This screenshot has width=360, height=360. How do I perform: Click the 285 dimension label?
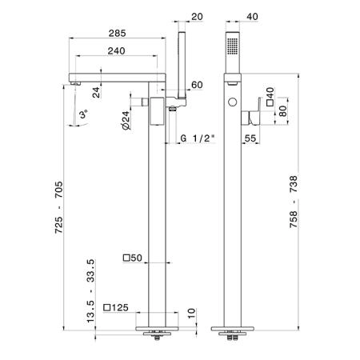tap(117, 34)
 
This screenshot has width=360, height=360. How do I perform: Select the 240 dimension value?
tap(116, 51)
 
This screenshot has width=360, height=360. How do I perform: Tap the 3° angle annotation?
tap(84, 114)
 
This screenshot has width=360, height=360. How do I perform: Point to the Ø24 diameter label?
tap(126, 120)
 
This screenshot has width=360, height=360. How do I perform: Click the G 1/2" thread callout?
tap(198, 138)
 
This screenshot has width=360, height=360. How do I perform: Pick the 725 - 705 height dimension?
tap(59, 207)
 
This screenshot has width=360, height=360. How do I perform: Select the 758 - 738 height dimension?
tap(294, 202)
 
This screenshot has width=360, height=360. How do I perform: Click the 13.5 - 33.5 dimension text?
tap(90, 291)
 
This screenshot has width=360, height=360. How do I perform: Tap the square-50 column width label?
tap(133, 258)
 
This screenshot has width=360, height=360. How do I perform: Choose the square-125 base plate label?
tap(116, 307)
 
